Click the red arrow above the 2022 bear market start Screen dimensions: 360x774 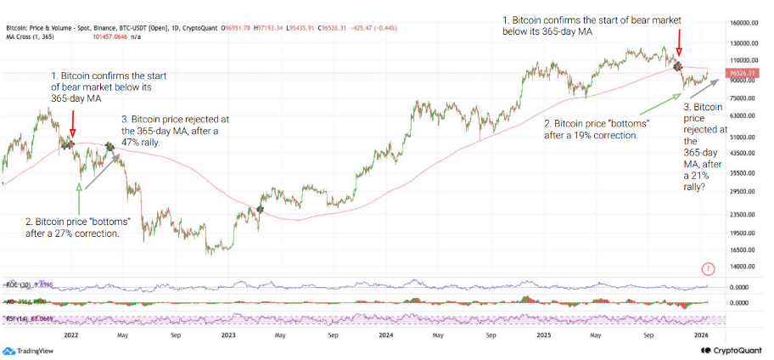[x=72, y=123]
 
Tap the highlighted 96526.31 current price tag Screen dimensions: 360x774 [x=743, y=73]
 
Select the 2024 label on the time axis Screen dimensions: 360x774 [x=385, y=335]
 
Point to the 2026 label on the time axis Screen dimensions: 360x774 [x=702, y=335]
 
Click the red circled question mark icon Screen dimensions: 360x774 [x=709, y=269]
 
